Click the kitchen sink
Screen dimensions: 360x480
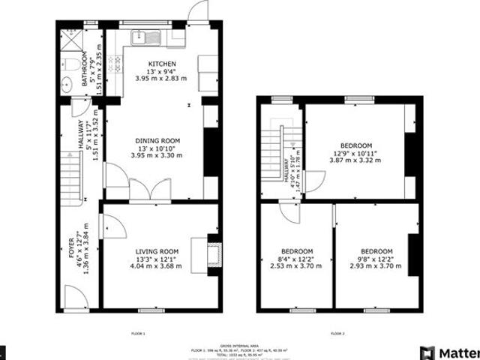142,35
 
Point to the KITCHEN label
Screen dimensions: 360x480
162,64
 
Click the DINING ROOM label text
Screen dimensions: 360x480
157,140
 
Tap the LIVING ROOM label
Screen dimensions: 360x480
157,251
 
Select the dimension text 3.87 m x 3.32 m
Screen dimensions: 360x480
356,160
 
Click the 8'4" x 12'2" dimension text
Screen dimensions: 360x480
297,259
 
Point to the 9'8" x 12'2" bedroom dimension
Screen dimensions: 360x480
376,259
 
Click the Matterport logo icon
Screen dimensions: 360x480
427,351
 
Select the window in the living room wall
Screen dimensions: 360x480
149,309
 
